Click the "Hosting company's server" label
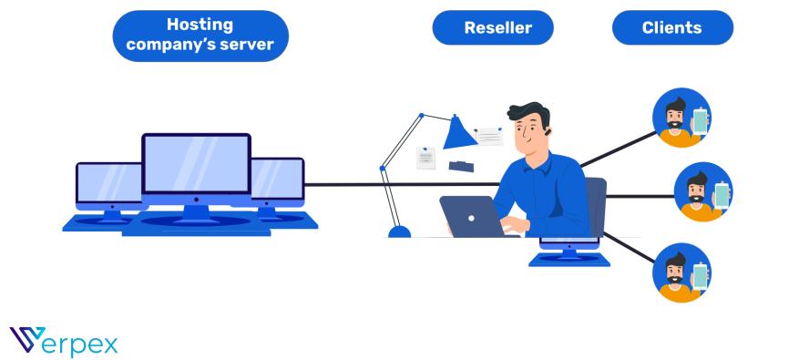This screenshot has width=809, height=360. coord(200,36)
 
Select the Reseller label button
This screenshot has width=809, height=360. coord(494,27)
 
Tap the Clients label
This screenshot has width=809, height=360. coord(671,27)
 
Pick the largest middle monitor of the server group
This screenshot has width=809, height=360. coord(196,164)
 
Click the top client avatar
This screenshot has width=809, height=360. coord(681,117)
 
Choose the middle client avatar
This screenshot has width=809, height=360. coord(702,192)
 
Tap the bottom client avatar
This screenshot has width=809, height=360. coord(681,271)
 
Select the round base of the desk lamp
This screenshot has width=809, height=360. coord(399,231)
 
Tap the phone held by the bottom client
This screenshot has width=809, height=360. coord(700,275)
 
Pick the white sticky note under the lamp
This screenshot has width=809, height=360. coord(425,157)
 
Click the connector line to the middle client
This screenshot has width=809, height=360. coord(638,195)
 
